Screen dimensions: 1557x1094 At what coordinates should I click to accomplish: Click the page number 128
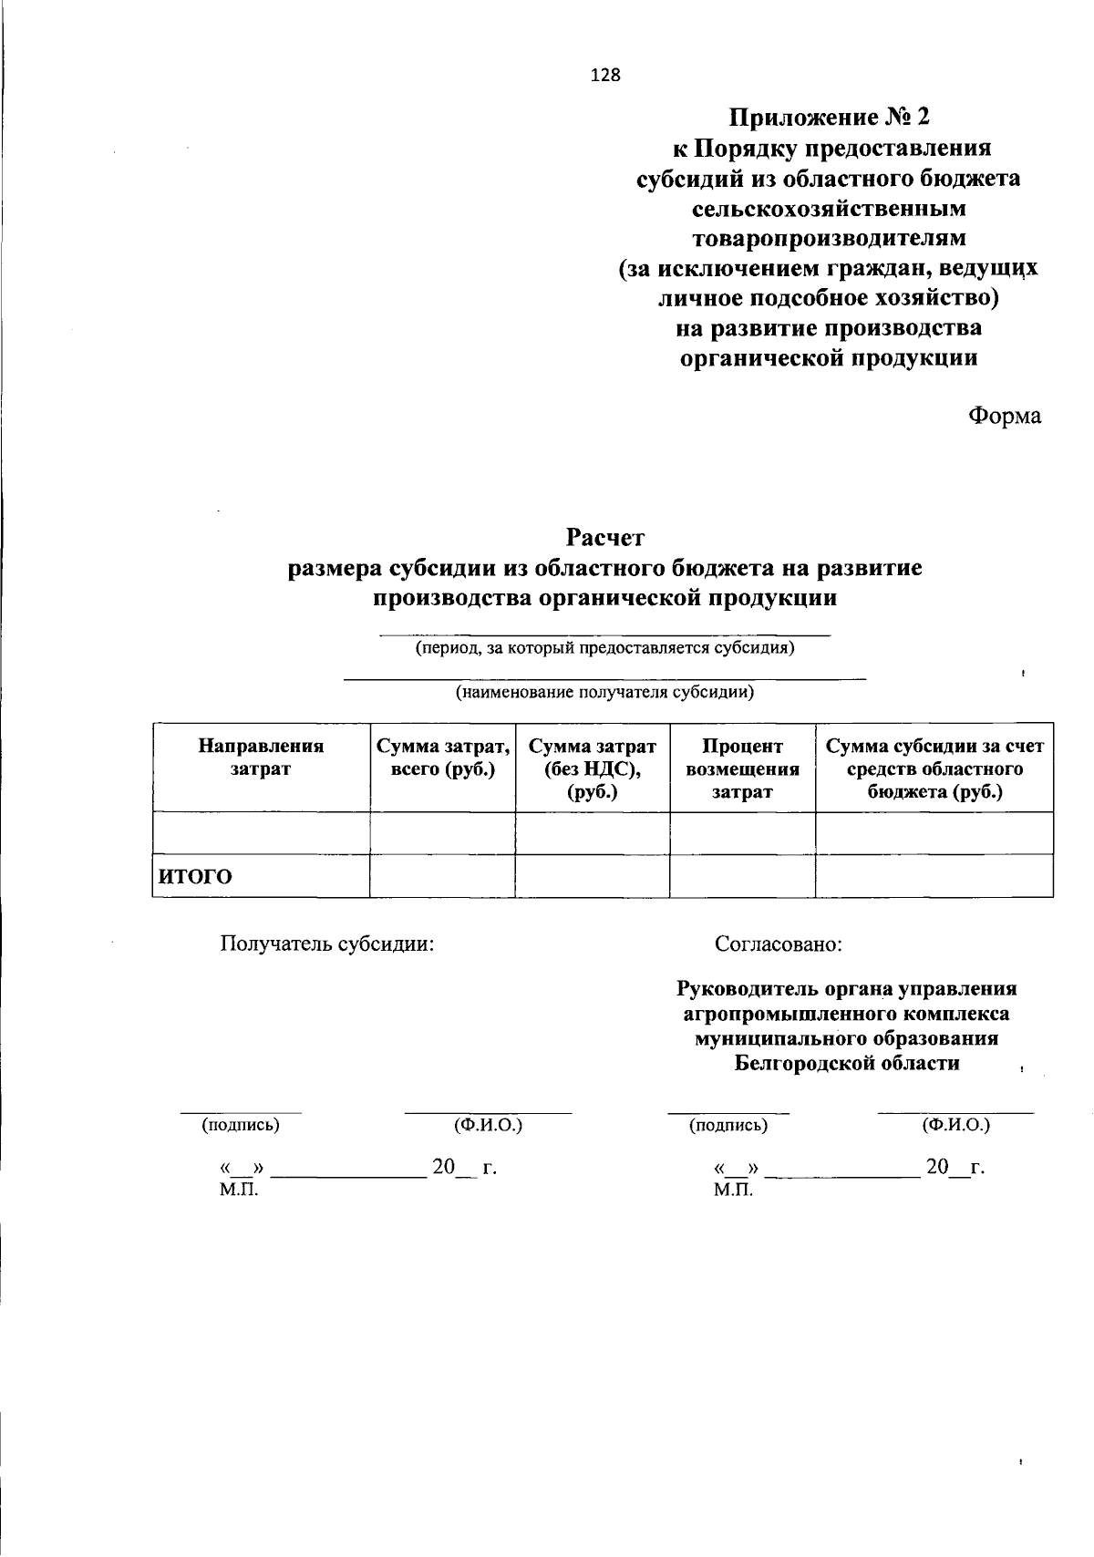pyautogui.click(x=605, y=76)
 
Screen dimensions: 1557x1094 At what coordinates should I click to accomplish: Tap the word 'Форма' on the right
pyautogui.click(x=1004, y=416)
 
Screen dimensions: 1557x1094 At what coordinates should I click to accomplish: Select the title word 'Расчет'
pyautogui.click(x=604, y=537)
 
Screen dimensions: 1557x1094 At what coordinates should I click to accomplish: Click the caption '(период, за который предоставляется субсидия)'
pyautogui.click(x=605, y=649)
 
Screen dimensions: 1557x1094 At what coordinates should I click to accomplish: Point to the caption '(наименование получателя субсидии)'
pyautogui.click(x=605, y=692)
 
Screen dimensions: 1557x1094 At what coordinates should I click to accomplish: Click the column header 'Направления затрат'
pyautogui.click(x=261, y=758)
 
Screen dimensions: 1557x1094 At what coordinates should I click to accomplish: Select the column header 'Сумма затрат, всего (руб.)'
pyautogui.click(x=442, y=758)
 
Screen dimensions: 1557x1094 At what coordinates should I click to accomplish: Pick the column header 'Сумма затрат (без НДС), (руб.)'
pyautogui.click(x=593, y=768)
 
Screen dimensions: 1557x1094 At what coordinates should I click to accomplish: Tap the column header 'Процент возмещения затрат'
pyautogui.click(x=742, y=768)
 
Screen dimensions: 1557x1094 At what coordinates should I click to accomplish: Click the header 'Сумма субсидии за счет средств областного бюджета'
pyautogui.click(x=934, y=768)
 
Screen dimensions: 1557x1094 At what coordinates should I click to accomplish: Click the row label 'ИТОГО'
pyautogui.click(x=196, y=877)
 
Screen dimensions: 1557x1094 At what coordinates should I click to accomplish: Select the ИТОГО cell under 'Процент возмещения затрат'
pyautogui.click(x=742, y=876)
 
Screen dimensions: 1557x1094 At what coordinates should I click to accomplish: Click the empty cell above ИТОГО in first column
pyautogui.click(x=261, y=832)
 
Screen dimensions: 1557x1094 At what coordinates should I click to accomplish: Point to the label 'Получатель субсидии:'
pyautogui.click(x=327, y=943)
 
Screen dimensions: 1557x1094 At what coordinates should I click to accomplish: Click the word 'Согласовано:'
pyautogui.click(x=779, y=943)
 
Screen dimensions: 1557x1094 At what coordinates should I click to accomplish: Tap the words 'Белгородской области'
pyautogui.click(x=847, y=1063)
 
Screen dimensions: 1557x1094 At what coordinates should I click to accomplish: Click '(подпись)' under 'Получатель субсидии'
pyautogui.click(x=241, y=1125)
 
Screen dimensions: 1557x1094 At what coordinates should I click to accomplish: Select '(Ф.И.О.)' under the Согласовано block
pyautogui.click(x=956, y=1125)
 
